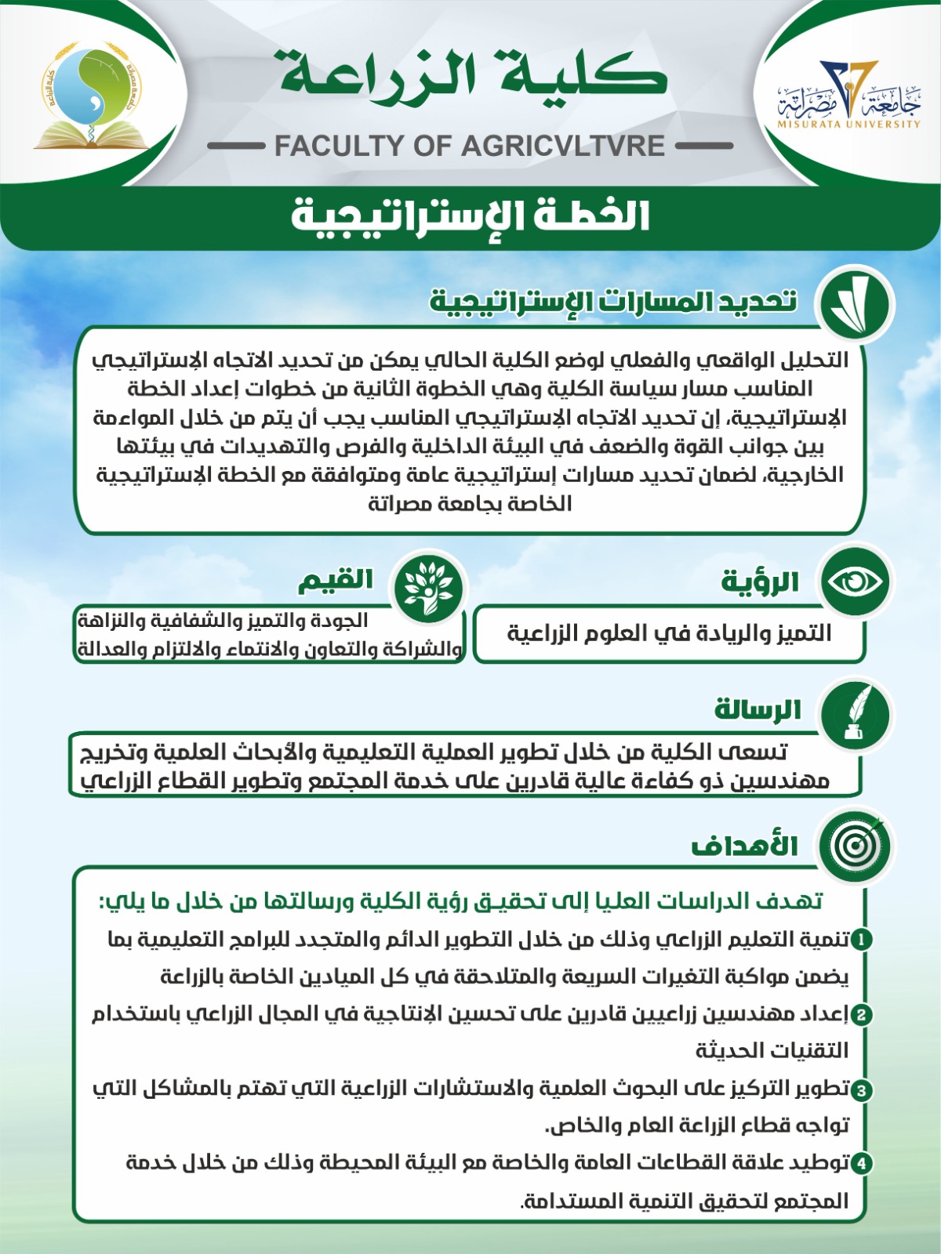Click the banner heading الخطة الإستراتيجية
470,216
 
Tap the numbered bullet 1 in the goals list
861,939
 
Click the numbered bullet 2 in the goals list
861,1015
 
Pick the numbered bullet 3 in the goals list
861,1090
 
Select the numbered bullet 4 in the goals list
861,1163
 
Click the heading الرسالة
757,710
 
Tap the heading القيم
336,581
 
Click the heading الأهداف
744,846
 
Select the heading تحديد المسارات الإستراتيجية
612,302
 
